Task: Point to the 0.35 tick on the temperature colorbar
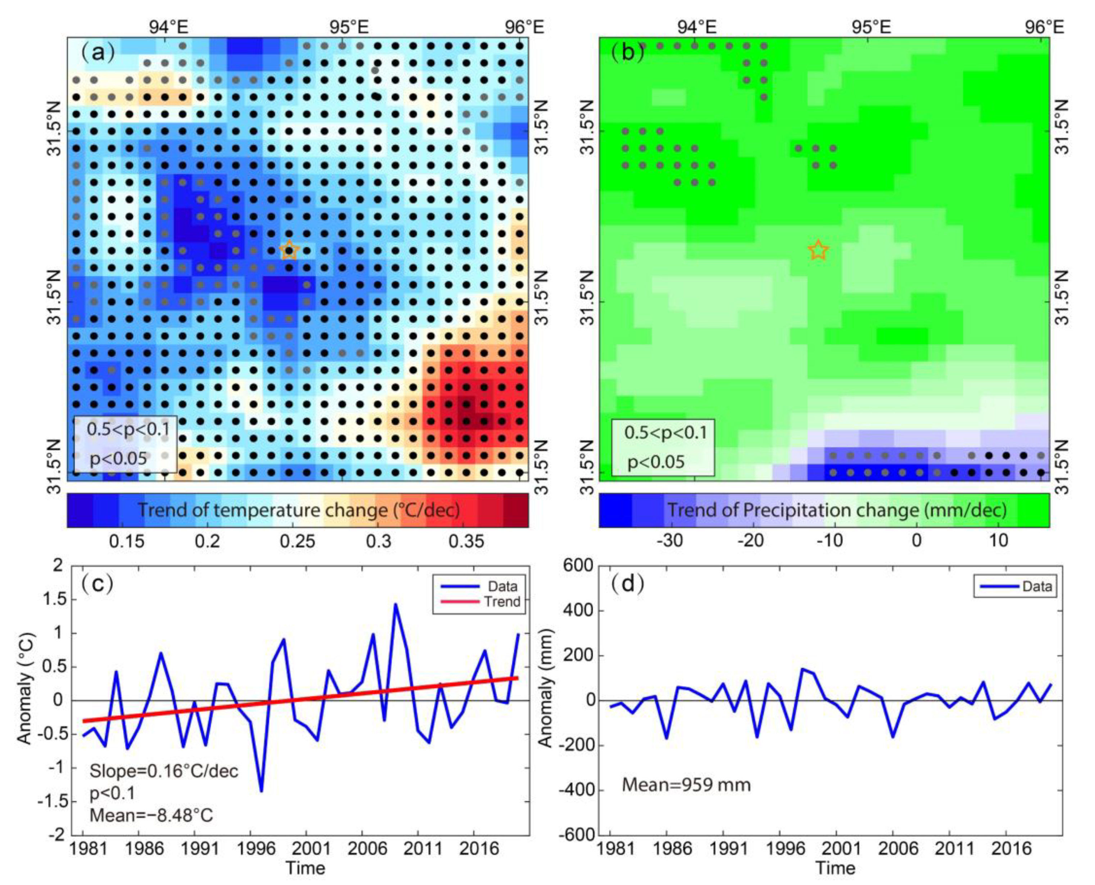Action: click(x=466, y=541)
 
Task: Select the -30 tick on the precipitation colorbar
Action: click(x=669, y=541)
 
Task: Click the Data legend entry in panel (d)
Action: click(x=1037, y=586)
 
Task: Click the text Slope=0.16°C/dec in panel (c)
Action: click(x=164, y=771)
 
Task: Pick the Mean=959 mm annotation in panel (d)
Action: click(x=686, y=785)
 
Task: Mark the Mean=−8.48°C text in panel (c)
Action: click(x=151, y=816)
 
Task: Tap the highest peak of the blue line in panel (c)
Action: click(x=395, y=605)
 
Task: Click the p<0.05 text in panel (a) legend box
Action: click(x=118, y=459)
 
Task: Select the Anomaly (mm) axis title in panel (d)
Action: click(x=545, y=700)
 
